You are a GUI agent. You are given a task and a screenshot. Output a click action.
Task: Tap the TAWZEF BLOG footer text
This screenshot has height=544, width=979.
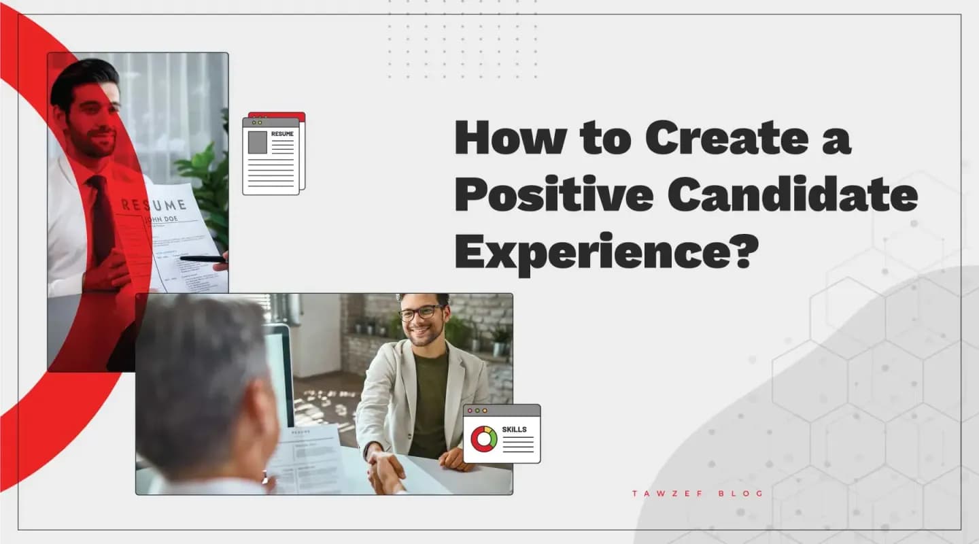(698, 494)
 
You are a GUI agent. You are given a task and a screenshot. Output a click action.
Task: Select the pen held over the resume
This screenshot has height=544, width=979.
(203, 258)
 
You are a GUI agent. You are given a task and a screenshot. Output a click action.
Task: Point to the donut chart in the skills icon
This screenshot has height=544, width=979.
(484, 439)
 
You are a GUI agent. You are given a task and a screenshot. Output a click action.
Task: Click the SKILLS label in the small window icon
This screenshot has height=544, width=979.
(514, 430)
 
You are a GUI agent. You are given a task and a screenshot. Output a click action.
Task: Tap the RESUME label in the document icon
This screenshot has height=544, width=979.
(282, 134)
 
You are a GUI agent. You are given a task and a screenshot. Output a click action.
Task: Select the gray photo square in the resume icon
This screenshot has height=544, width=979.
(258, 142)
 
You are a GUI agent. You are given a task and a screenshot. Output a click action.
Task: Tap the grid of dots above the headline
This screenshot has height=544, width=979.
(462, 41)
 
